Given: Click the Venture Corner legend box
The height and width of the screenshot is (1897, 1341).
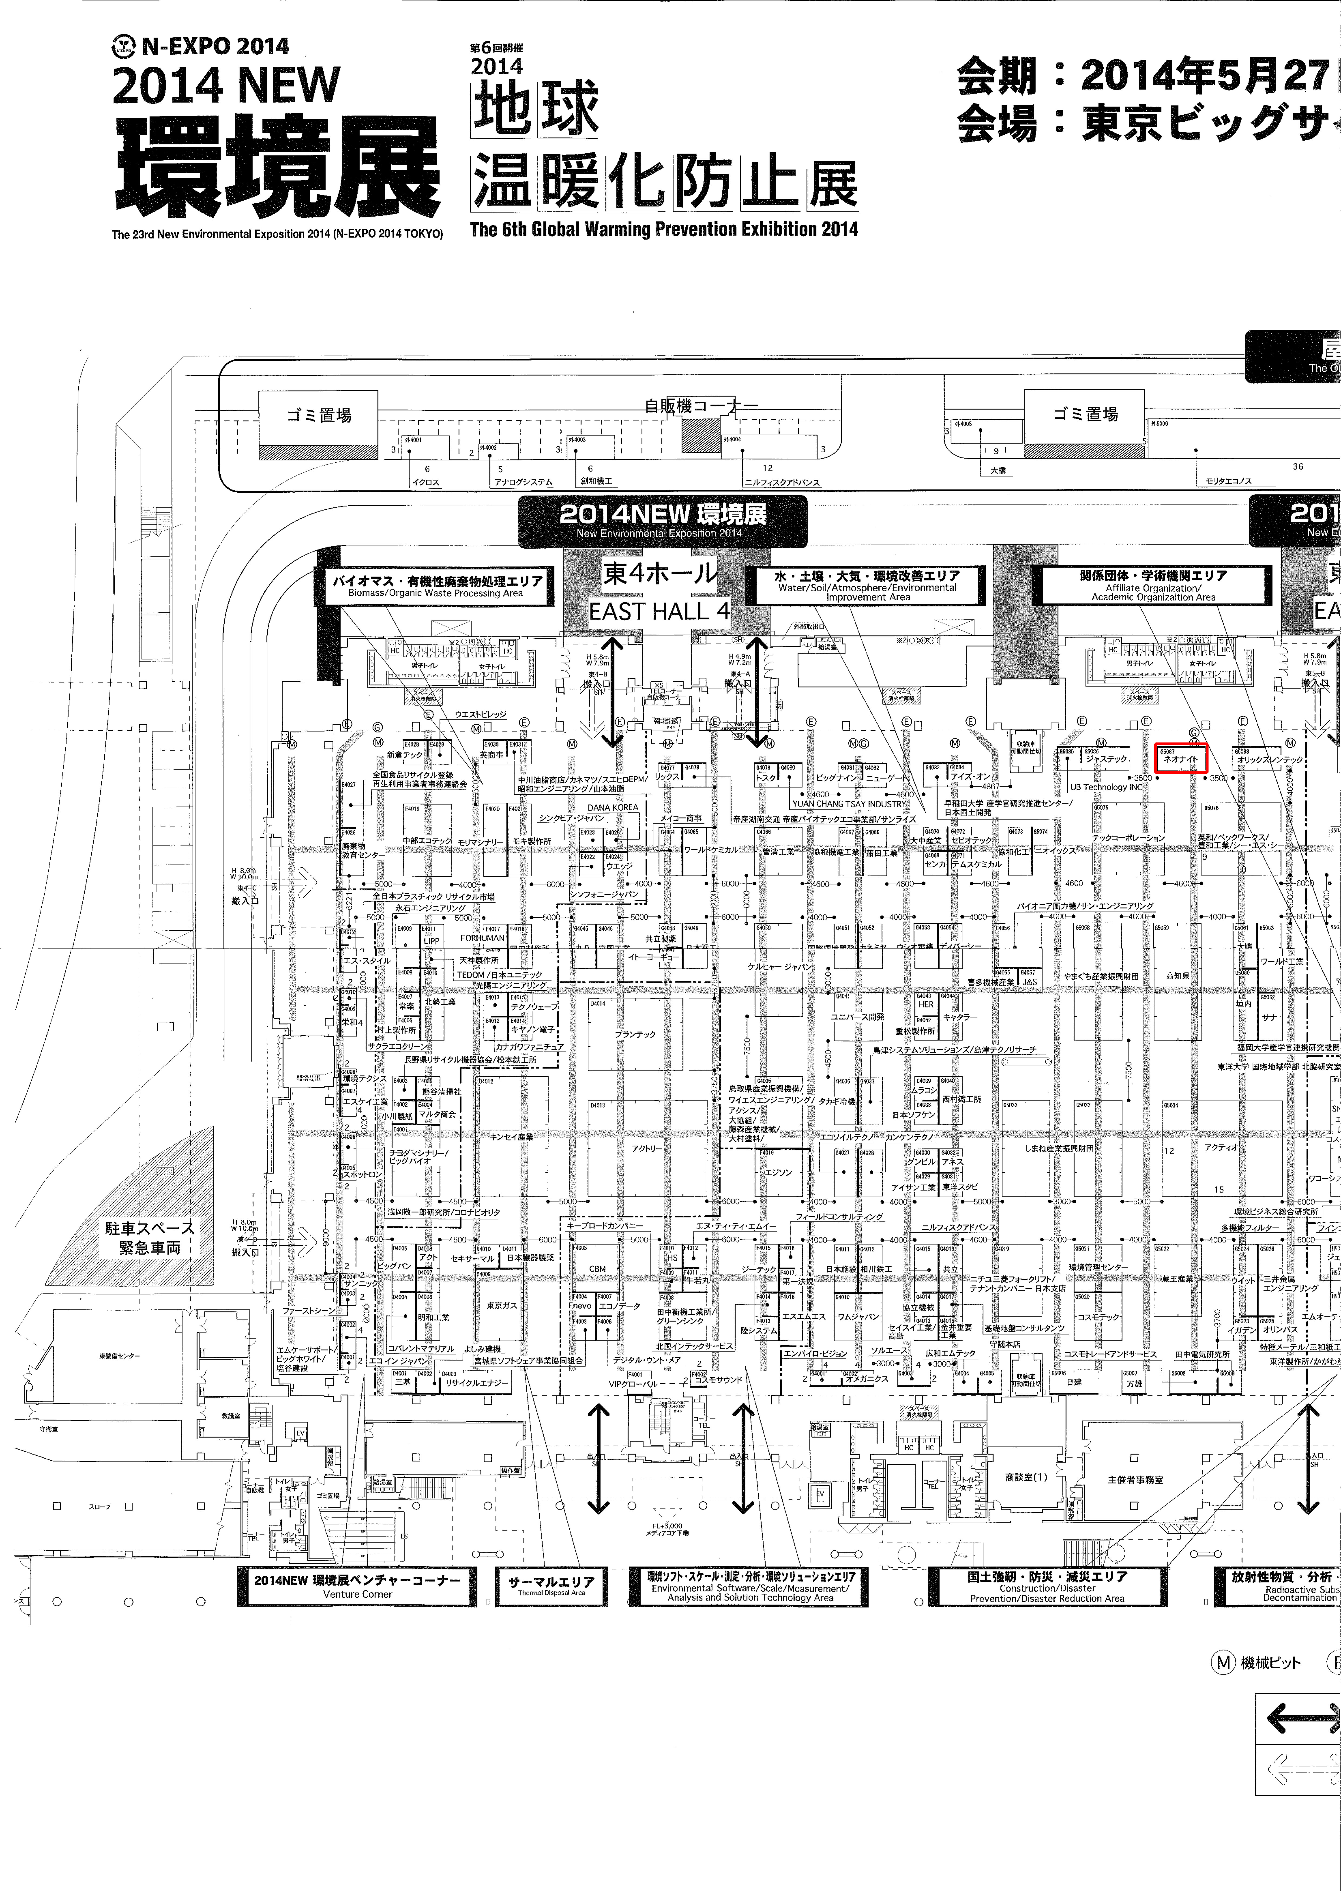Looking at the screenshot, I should click(x=357, y=1586).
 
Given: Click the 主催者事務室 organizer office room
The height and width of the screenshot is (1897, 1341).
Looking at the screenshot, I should click(x=1135, y=1479).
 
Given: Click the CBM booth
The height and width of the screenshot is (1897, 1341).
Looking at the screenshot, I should click(x=598, y=1269).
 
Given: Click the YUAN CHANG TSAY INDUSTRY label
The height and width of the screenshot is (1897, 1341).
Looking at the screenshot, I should click(x=849, y=803).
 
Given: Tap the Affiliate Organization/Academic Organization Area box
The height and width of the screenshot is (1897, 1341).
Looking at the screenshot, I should click(x=1153, y=586).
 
